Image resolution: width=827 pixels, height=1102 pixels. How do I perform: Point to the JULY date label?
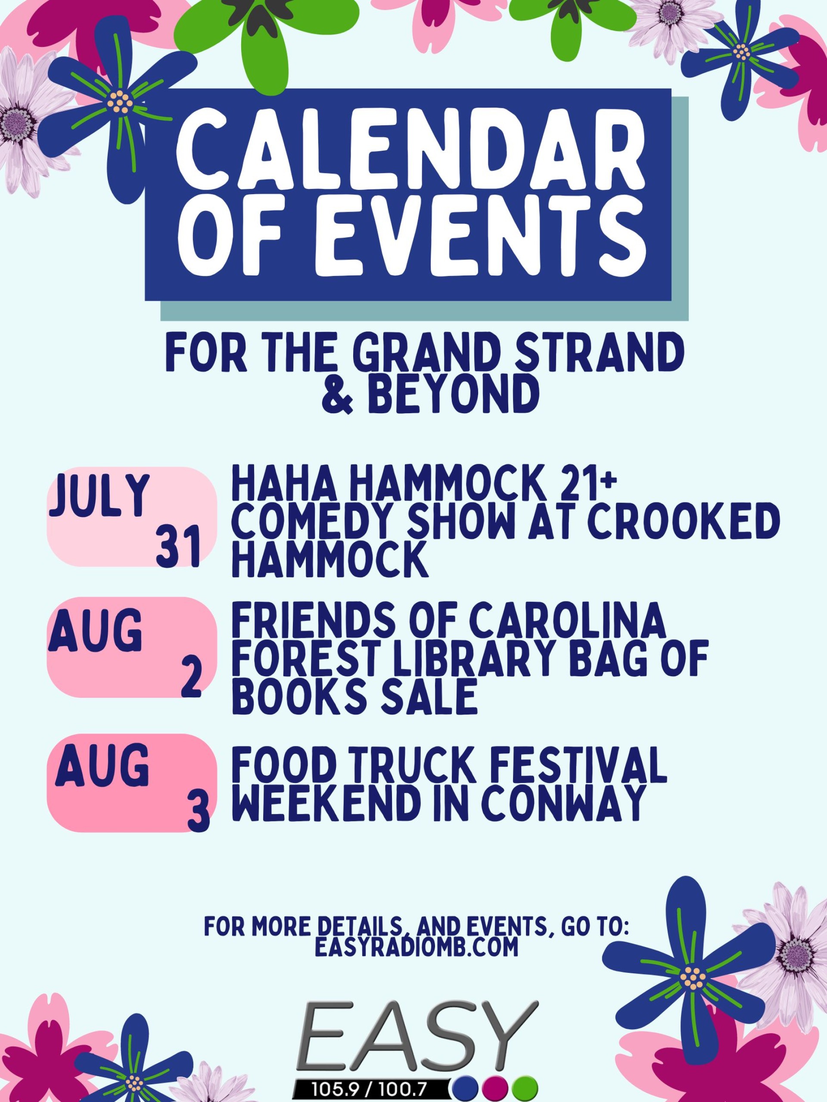(x=99, y=495)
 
